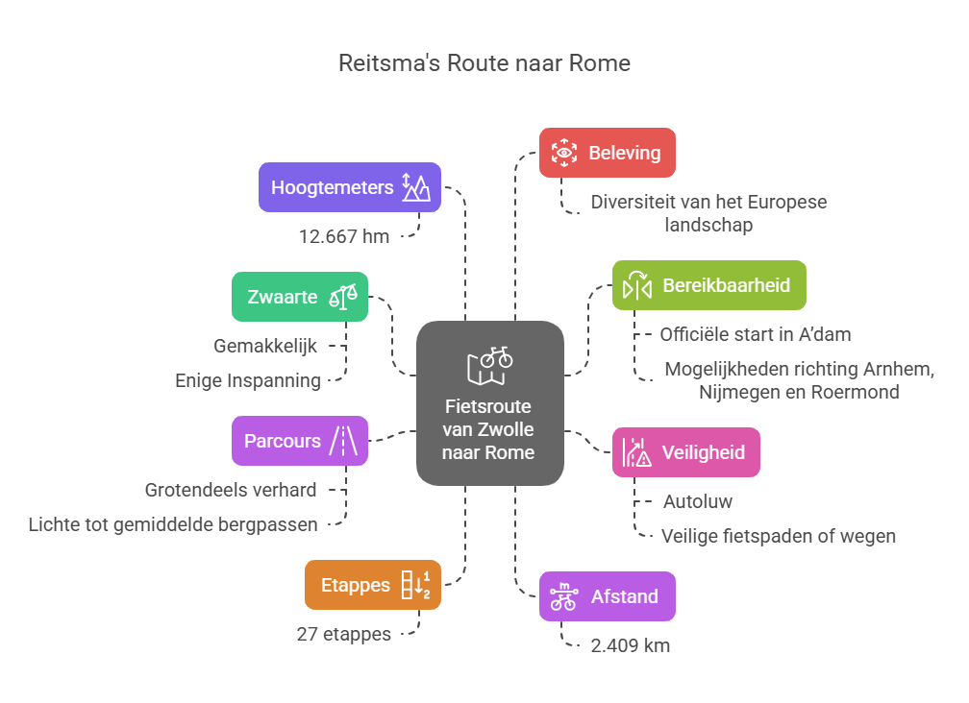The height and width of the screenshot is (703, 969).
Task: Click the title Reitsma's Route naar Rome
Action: [484, 63]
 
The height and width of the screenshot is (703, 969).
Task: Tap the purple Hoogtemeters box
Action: [349, 187]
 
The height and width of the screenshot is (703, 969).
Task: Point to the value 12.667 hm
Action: [344, 236]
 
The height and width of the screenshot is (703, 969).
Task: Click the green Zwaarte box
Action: [300, 297]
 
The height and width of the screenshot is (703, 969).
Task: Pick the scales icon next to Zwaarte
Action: [343, 297]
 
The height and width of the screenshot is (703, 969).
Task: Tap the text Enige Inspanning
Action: [248, 380]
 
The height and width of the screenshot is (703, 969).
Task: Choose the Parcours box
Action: [300, 441]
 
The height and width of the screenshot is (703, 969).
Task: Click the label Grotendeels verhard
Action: [231, 490]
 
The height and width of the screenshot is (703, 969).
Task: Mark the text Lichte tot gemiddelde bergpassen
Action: [173, 524]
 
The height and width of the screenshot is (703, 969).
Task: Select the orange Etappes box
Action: [373, 585]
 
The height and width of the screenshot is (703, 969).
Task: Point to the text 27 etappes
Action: [344, 634]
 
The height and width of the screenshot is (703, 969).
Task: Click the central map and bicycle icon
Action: [490, 366]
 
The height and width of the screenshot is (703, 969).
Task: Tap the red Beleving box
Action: [607, 153]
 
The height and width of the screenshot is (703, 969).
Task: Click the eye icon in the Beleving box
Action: [563, 153]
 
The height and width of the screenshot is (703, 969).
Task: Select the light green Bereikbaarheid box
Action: [708, 285]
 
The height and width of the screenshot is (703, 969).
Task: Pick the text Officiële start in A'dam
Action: [756, 334]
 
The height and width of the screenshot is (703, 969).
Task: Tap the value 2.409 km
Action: [630, 645]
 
